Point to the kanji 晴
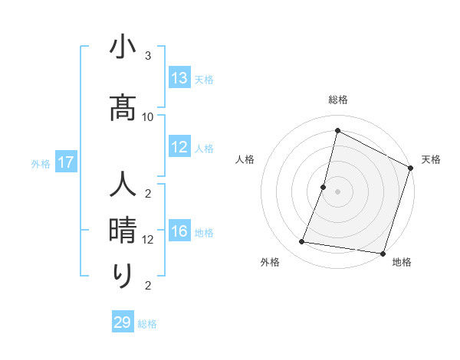[123, 230]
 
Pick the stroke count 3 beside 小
[148, 56]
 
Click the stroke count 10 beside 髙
[148, 116]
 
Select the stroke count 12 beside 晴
[148, 239]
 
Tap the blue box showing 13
[179, 78]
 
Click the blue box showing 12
[179, 147]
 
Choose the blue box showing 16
[179, 231]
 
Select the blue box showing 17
[65, 162]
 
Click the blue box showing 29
[123, 322]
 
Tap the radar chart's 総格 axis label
[338, 100]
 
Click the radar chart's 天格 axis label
[431, 159]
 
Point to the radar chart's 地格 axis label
[402, 263]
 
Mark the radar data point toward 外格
[302, 242]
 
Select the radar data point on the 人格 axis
[324, 187]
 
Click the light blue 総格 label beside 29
[147, 324]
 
